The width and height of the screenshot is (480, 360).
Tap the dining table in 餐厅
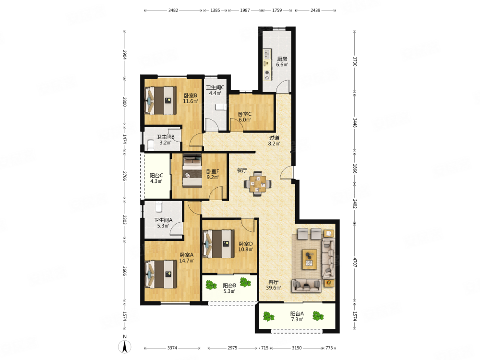[257, 184]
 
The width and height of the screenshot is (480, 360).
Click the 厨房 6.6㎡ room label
[282, 61]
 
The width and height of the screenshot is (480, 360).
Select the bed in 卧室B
[160, 101]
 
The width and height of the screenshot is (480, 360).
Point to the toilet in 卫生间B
[151, 145]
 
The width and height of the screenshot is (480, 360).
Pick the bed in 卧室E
[192, 172]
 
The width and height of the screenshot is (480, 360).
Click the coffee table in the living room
[310, 259]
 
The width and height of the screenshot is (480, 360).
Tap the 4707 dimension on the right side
[355, 263]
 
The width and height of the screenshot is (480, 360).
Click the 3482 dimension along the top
[173, 10]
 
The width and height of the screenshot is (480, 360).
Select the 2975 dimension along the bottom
[232, 348]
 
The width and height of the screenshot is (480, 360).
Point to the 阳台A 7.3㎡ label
[297, 316]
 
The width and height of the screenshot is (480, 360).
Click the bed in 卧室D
[219, 244]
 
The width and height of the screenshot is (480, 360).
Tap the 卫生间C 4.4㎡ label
[215, 90]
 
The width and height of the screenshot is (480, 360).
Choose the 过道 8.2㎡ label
[274, 141]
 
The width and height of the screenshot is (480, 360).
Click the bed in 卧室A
[161, 274]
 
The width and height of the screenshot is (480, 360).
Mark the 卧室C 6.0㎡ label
[245, 117]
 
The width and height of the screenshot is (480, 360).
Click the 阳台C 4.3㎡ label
[156, 178]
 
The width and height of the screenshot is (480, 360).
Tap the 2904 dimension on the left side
[125, 55]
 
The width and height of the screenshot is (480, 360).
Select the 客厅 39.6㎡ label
[274, 285]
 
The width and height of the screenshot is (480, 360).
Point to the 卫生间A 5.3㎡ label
[163, 223]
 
